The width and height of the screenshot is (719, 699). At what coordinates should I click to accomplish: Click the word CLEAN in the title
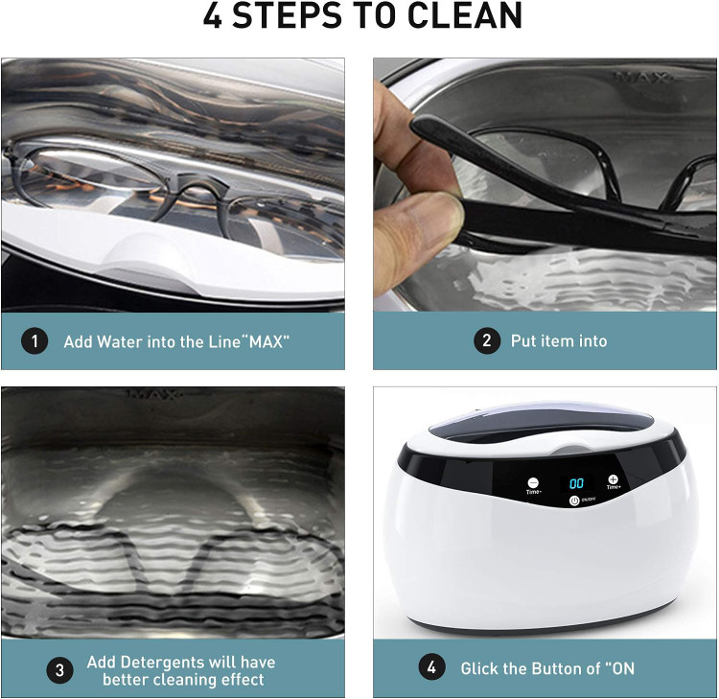pos(465,15)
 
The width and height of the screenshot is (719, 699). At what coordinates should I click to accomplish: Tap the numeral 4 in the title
pos(213,15)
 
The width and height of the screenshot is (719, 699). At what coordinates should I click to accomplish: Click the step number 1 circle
pos(35,341)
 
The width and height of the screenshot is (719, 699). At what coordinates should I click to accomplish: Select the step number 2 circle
pos(487,340)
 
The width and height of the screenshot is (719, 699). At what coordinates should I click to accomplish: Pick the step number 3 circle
pos(59,670)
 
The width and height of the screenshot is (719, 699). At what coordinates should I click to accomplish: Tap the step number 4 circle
pos(432,667)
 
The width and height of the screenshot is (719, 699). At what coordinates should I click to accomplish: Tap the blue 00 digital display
pos(576,483)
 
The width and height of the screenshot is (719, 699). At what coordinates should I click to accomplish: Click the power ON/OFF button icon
pos(574,501)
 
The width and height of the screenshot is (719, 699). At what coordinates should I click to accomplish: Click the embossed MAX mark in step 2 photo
pos(642,77)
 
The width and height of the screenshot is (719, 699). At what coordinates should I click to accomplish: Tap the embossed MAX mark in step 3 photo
pos(154,393)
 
